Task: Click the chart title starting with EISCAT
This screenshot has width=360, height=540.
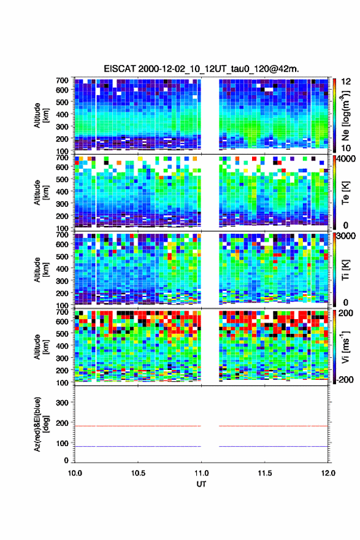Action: tap(201, 69)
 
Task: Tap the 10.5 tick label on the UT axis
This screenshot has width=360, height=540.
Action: tap(138, 473)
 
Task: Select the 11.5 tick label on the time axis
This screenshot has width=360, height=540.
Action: tap(265, 473)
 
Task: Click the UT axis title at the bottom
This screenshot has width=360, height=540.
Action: tap(201, 484)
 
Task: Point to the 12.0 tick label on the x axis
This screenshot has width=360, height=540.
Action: tap(328, 473)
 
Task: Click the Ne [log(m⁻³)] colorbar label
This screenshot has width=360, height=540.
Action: tap(345, 115)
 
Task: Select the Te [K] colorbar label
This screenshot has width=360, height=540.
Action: tap(345, 193)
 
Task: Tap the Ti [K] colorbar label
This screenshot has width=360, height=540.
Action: tap(345, 269)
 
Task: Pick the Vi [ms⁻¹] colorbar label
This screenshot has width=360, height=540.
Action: tap(345, 347)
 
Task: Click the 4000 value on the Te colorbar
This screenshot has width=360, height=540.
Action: tap(346, 159)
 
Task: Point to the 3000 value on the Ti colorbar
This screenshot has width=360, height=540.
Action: tap(346, 236)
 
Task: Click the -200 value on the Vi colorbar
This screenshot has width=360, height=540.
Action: tap(345, 379)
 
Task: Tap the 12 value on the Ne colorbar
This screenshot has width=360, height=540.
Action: tap(346, 82)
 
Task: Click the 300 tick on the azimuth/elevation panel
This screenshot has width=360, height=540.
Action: tap(61, 403)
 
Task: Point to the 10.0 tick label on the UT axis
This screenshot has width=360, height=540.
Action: tap(75, 473)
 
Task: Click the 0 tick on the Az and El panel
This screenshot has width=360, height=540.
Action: tap(66, 460)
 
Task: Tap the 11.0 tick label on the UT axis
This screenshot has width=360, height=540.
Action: tap(201, 473)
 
